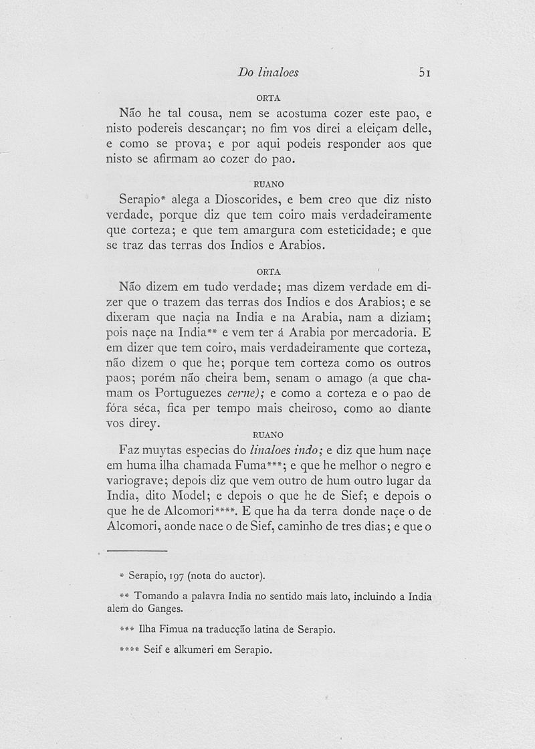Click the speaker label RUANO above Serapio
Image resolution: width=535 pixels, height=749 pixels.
pos(267,183)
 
